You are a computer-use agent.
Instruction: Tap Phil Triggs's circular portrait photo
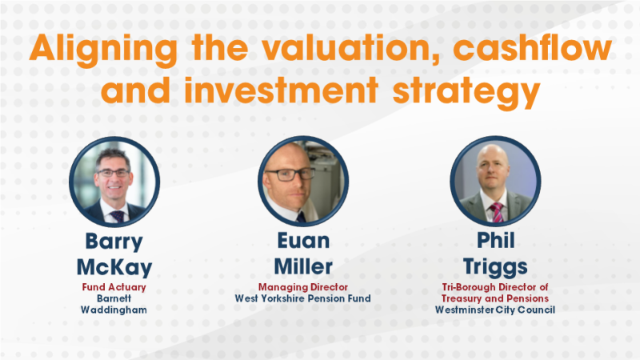pos(493,182)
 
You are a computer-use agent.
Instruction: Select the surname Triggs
pos(494,267)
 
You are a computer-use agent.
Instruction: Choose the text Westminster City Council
pos(494,309)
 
